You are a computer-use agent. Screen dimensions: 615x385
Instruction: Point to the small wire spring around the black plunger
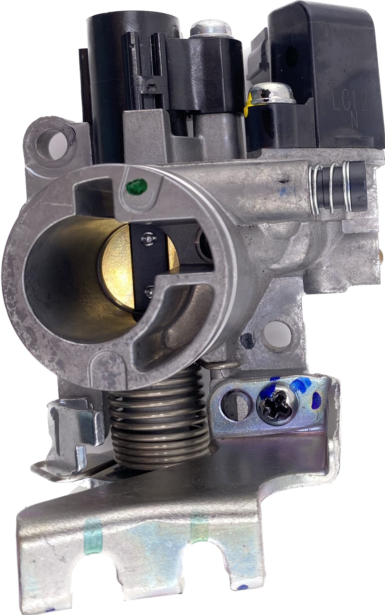[331, 188]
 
